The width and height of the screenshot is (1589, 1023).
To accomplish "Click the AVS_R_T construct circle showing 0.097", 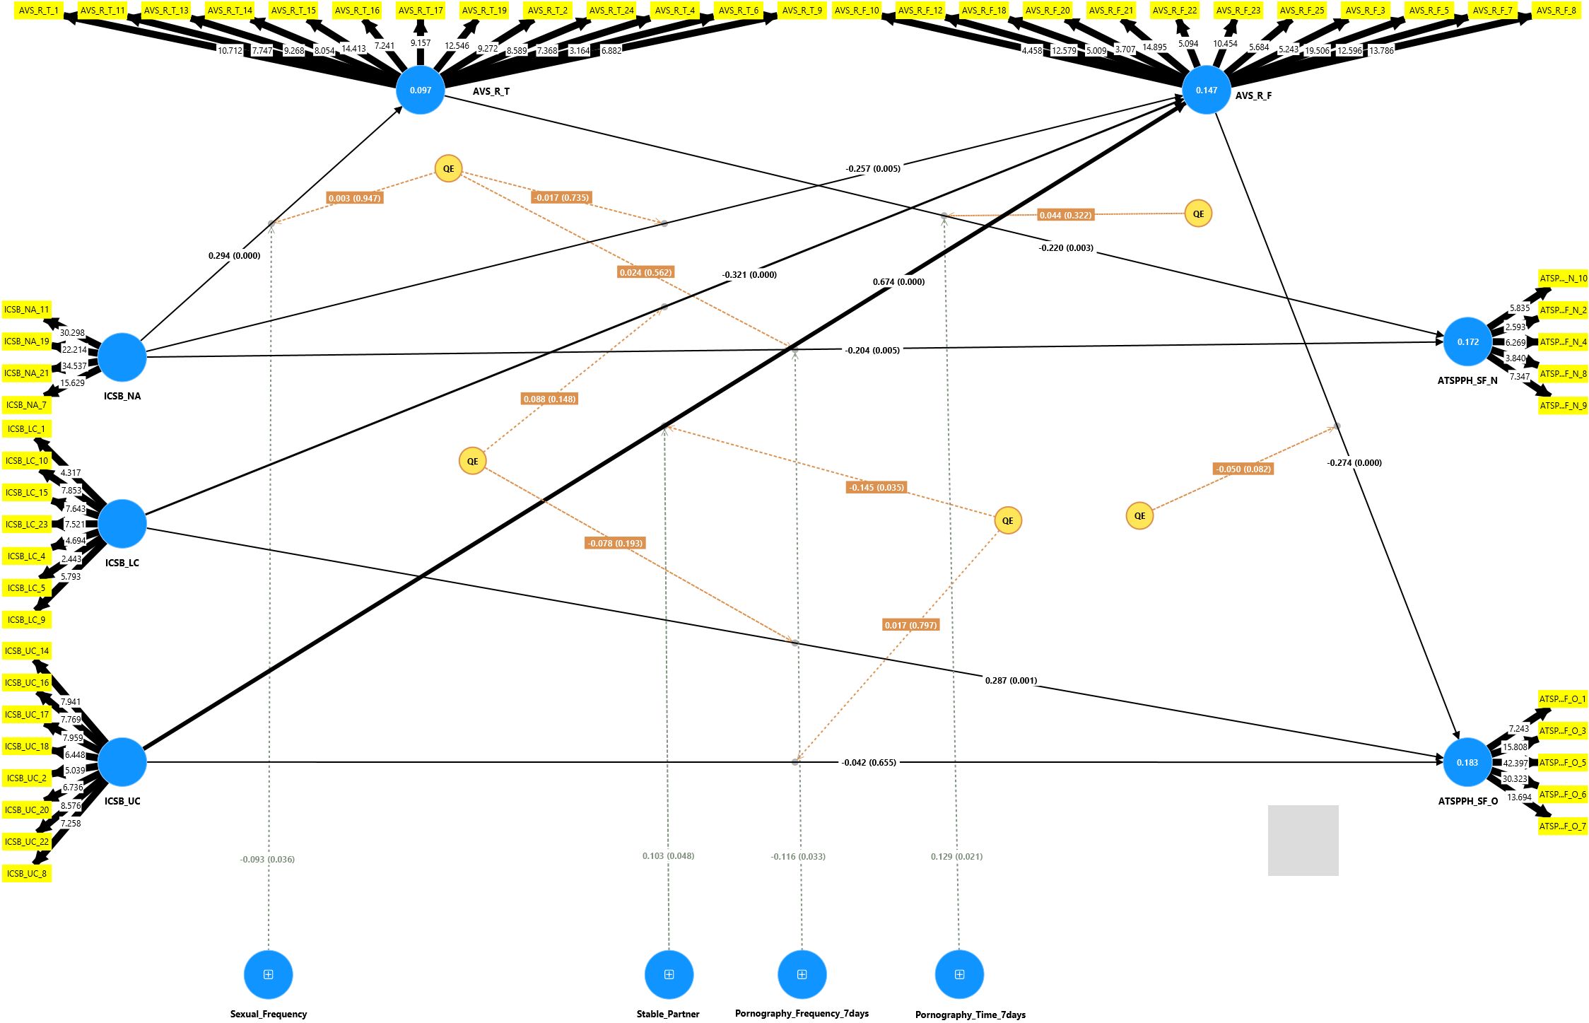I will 421,90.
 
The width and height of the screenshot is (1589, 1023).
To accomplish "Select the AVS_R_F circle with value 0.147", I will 1206,90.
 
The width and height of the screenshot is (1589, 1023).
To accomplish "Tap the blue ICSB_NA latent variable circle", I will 122,357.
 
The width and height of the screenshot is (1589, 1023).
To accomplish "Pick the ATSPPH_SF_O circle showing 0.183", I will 1467,762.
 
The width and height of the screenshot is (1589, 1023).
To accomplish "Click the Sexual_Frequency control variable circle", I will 269,974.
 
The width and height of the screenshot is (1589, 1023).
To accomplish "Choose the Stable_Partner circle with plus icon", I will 669,974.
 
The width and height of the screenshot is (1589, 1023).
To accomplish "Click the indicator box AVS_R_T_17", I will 421,10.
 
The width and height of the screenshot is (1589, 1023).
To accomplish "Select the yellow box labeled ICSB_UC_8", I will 27,873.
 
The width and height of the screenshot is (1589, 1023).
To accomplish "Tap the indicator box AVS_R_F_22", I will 1174,10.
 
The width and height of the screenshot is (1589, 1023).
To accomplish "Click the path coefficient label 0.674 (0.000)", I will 898,281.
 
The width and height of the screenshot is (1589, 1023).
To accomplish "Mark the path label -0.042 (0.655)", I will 869,762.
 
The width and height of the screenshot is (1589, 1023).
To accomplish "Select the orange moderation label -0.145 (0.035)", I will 876,487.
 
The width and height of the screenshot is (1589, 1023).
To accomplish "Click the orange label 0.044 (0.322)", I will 1065,215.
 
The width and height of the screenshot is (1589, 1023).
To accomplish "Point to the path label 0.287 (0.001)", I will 1011,680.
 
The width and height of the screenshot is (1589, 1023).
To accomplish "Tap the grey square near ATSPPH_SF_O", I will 1303,840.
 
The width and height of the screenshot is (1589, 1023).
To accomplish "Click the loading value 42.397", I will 1515,763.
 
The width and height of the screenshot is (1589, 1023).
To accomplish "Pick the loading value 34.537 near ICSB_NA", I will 74,366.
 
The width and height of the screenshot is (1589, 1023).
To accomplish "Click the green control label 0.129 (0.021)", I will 956,856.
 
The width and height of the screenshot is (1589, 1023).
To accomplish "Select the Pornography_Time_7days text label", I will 970,1015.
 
